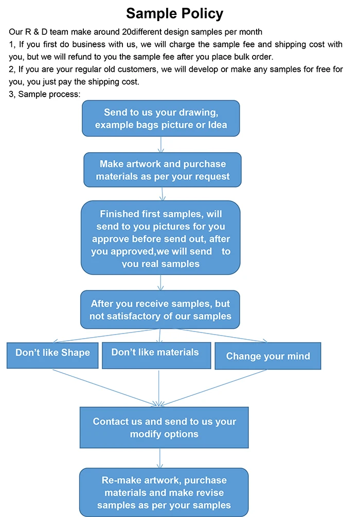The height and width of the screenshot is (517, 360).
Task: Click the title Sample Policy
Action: tap(175, 13)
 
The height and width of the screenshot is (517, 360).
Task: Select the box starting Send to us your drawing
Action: tap(161, 118)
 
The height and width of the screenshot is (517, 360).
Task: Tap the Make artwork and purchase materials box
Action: tap(163, 170)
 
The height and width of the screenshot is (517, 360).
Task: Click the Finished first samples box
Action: tap(161, 238)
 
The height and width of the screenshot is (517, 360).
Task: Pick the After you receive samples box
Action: tap(160, 310)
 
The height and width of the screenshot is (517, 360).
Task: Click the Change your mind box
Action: tap(268, 356)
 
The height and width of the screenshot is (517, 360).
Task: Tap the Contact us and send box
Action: tap(165, 428)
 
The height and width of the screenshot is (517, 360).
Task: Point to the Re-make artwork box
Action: tap(164, 492)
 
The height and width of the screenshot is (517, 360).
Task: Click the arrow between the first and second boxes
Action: tap(161, 144)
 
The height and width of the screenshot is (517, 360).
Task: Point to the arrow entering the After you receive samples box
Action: tap(161, 283)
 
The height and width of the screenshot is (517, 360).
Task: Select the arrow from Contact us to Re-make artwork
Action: tap(161, 458)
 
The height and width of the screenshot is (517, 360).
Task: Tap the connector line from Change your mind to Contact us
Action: tap(216, 386)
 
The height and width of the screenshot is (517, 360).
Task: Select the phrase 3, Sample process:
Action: tap(44, 94)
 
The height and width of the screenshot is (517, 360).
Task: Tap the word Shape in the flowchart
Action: tap(76, 353)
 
